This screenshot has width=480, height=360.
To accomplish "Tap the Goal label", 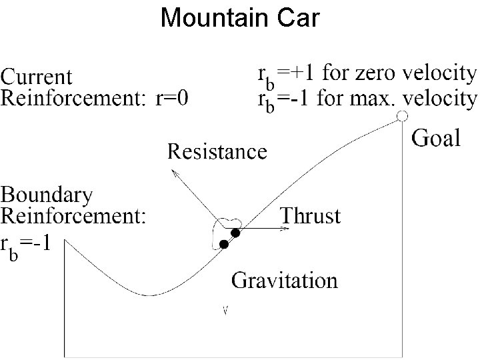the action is (437, 139).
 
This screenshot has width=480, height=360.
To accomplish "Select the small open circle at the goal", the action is (402, 117).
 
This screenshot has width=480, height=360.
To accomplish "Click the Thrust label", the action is (310, 216).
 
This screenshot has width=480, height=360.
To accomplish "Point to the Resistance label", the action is (217, 152).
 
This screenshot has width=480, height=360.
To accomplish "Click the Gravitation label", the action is (285, 280).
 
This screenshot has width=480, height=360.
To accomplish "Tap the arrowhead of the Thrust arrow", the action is (287, 229).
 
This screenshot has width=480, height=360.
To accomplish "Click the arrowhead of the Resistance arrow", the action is (175, 172).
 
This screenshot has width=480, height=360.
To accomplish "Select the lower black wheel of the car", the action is (225, 245).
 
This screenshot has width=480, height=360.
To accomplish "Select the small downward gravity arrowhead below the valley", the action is (225, 310).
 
